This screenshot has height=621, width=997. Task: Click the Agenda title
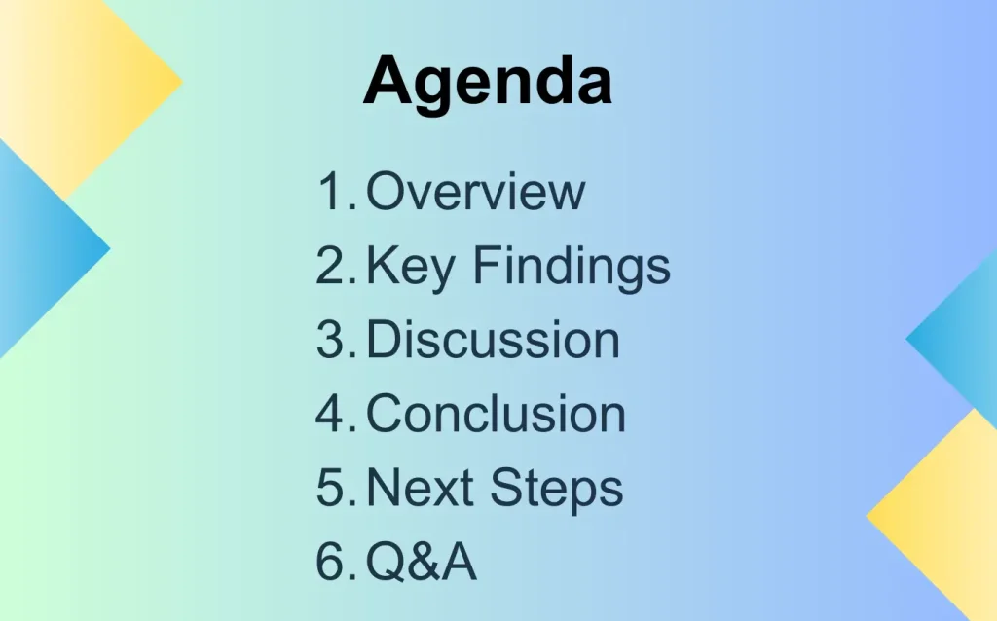click(488, 83)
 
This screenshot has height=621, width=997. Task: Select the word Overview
click(475, 191)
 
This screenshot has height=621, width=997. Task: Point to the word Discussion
click(493, 339)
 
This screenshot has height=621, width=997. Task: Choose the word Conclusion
click(496, 413)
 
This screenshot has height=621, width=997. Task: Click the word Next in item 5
click(420, 488)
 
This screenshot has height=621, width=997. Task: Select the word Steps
click(557, 490)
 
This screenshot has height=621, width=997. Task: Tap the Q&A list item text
click(421, 561)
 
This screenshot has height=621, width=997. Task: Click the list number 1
click(336, 191)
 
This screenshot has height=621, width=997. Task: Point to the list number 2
click(336, 265)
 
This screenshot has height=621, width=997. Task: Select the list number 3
click(336, 339)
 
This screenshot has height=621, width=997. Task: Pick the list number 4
click(336, 413)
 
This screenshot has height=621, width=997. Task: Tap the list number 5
click(336, 488)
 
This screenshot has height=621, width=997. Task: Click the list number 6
click(336, 561)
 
